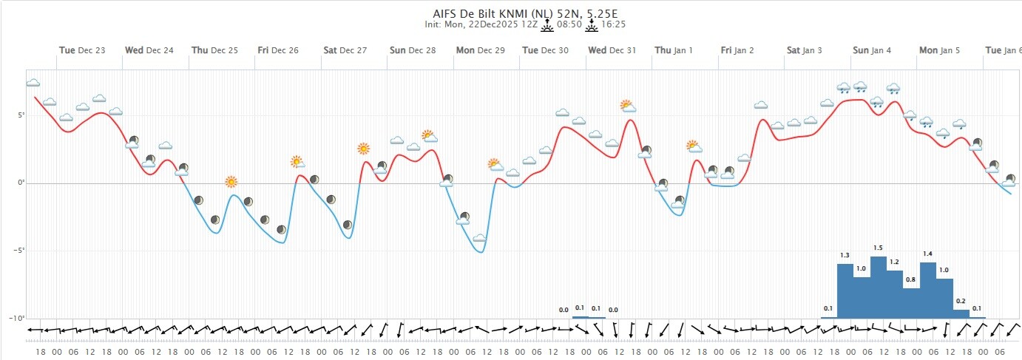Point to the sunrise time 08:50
pyautogui.click(x=567, y=24)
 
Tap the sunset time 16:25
pyautogui.click(x=612, y=24)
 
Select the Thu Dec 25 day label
pyautogui.click(x=214, y=50)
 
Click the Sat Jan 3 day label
pyautogui.click(x=804, y=50)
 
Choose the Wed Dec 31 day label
pyautogui.click(x=612, y=50)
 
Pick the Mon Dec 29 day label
pyautogui.click(x=480, y=50)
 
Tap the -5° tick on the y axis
pyautogui.click(x=18, y=250)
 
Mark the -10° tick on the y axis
pyautogui.click(x=16, y=317)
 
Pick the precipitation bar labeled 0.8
pyautogui.click(x=911, y=302)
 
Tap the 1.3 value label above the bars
pyautogui.click(x=845, y=255)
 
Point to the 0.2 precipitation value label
pyautogui.click(x=961, y=301)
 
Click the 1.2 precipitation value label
pyautogui.click(x=894, y=262)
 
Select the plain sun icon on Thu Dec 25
pyautogui.click(x=231, y=182)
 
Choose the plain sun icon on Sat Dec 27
pyautogui.click(x=363, y=149)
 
